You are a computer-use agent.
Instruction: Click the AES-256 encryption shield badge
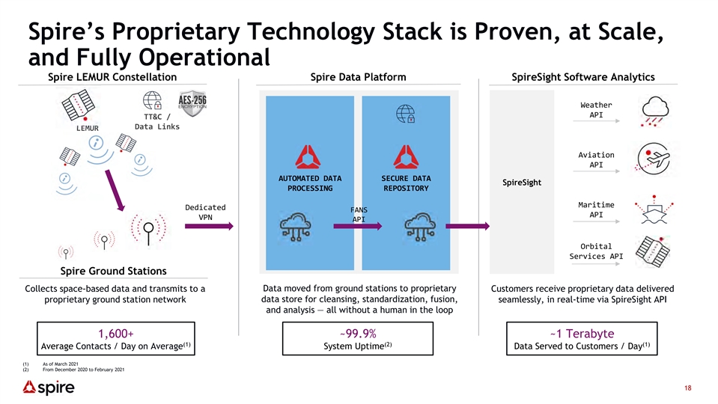192,103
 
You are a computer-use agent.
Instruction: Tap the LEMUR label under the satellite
88,128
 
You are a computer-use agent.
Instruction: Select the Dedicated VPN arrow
210,226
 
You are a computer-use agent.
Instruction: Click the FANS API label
359,215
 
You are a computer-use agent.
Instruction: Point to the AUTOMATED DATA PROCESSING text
310,183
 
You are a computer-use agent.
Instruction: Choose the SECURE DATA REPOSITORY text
406,183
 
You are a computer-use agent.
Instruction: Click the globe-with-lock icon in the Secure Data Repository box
406,114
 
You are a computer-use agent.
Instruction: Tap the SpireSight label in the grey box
522,182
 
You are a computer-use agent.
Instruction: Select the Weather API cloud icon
655,111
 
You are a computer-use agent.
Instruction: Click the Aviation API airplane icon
654,159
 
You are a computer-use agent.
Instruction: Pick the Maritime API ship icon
654,209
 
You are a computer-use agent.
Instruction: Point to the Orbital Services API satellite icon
653,251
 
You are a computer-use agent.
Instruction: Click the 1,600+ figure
116,334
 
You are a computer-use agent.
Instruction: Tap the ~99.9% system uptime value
358,334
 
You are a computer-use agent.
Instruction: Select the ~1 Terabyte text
582,334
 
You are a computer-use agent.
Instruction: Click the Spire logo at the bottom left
49,388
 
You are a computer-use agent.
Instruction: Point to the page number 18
688,388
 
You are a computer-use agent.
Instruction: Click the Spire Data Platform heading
358,77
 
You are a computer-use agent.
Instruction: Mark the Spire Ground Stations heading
114,271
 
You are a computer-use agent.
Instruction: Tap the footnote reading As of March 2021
61,364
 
